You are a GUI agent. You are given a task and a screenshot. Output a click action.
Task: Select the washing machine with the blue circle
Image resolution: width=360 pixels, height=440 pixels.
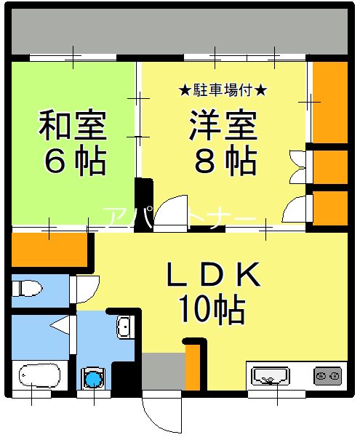[x=93, y=378]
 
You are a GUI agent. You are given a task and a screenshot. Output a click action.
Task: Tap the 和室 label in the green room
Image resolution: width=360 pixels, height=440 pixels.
[x=73, y=127]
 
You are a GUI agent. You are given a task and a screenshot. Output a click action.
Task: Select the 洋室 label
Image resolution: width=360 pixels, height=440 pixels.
[x=224, y=127]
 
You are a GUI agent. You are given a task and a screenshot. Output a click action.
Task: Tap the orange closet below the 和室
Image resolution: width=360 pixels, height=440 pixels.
[x=49, y=249]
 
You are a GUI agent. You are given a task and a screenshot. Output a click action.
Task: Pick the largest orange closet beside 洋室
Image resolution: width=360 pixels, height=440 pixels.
[x=330, y=103]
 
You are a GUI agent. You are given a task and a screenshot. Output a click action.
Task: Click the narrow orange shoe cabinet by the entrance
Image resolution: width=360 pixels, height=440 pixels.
[x=193, y=368]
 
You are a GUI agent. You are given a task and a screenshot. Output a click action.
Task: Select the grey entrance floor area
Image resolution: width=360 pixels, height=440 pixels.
[x=163, y=372]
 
